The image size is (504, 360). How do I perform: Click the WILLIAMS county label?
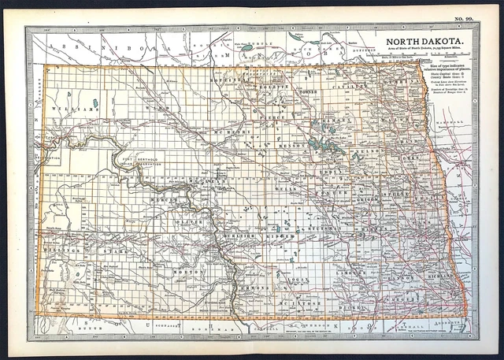click(63, 109)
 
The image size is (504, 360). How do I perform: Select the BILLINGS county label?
click(63, 250)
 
